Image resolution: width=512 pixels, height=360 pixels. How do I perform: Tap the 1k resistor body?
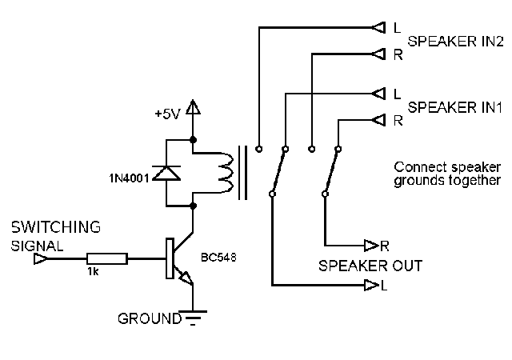click(x=106, y=258)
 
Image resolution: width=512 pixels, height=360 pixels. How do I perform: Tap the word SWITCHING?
click(x=56, y=227)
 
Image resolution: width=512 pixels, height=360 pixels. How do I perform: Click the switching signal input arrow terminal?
click(x=38, y=258)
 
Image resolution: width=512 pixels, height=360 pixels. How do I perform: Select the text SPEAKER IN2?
click(x=454, y=41)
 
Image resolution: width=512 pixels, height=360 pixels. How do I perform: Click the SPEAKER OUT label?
click(x=370, y=265)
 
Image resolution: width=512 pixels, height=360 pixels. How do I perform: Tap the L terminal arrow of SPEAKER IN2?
click(x=378, y=28)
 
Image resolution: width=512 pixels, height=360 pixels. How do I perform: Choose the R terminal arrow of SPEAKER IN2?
click(x=378, y=54)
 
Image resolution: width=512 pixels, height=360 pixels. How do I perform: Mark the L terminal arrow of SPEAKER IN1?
click(x=378, y=94)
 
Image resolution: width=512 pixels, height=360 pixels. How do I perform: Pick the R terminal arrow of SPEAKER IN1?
click(x=378, y=120)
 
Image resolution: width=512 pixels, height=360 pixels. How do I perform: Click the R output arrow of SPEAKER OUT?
click(x=370, y=244)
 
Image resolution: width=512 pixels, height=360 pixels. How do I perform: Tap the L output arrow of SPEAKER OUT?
click(x=370, y=285)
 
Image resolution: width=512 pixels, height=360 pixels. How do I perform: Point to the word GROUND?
click(x=149, y=318)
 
